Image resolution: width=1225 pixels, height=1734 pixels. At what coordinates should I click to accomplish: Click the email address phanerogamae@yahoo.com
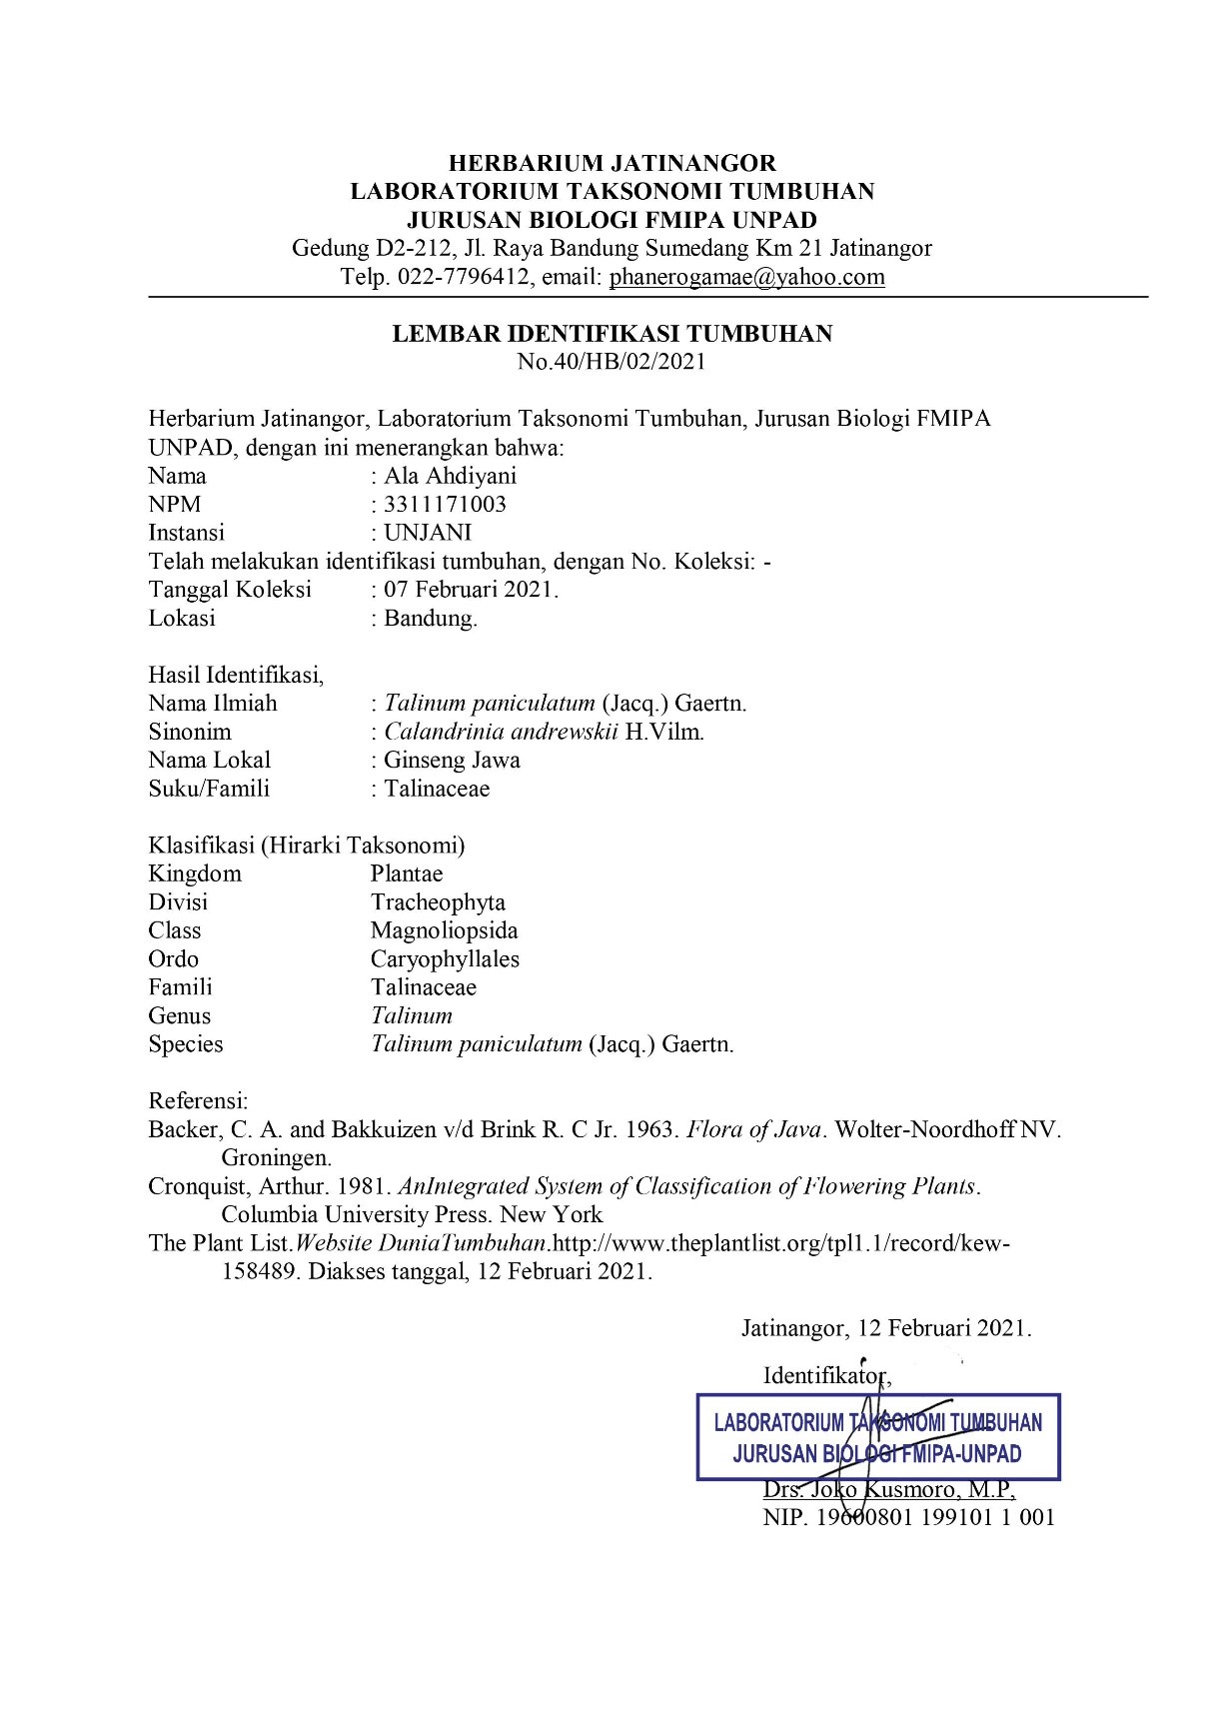click(x=746, y=277)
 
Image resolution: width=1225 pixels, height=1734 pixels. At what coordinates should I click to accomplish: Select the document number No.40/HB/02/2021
click(x=612, y=362)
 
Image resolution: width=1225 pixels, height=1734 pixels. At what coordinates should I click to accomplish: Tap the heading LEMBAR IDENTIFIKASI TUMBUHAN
click(x=612, y=334)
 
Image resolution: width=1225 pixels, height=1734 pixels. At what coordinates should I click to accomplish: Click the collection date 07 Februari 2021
click(x=471, y=590)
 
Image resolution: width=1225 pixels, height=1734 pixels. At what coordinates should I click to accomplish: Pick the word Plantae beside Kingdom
click(x=407, y=873)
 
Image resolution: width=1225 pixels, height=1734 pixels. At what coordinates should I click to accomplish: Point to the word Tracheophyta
click(x=438, y=902)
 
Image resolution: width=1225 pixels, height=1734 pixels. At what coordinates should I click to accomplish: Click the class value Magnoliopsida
click(x=444, y=930)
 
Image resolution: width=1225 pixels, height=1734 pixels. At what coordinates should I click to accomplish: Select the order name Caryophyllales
click(x=445, y=959)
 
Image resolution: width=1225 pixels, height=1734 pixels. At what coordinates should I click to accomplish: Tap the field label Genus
click(x=180, y=1016)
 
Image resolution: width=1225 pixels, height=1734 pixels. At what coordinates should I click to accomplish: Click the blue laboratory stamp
click(x=877, y=1437)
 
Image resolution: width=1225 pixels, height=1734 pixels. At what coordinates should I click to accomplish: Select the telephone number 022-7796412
click(x=463, y=277)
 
